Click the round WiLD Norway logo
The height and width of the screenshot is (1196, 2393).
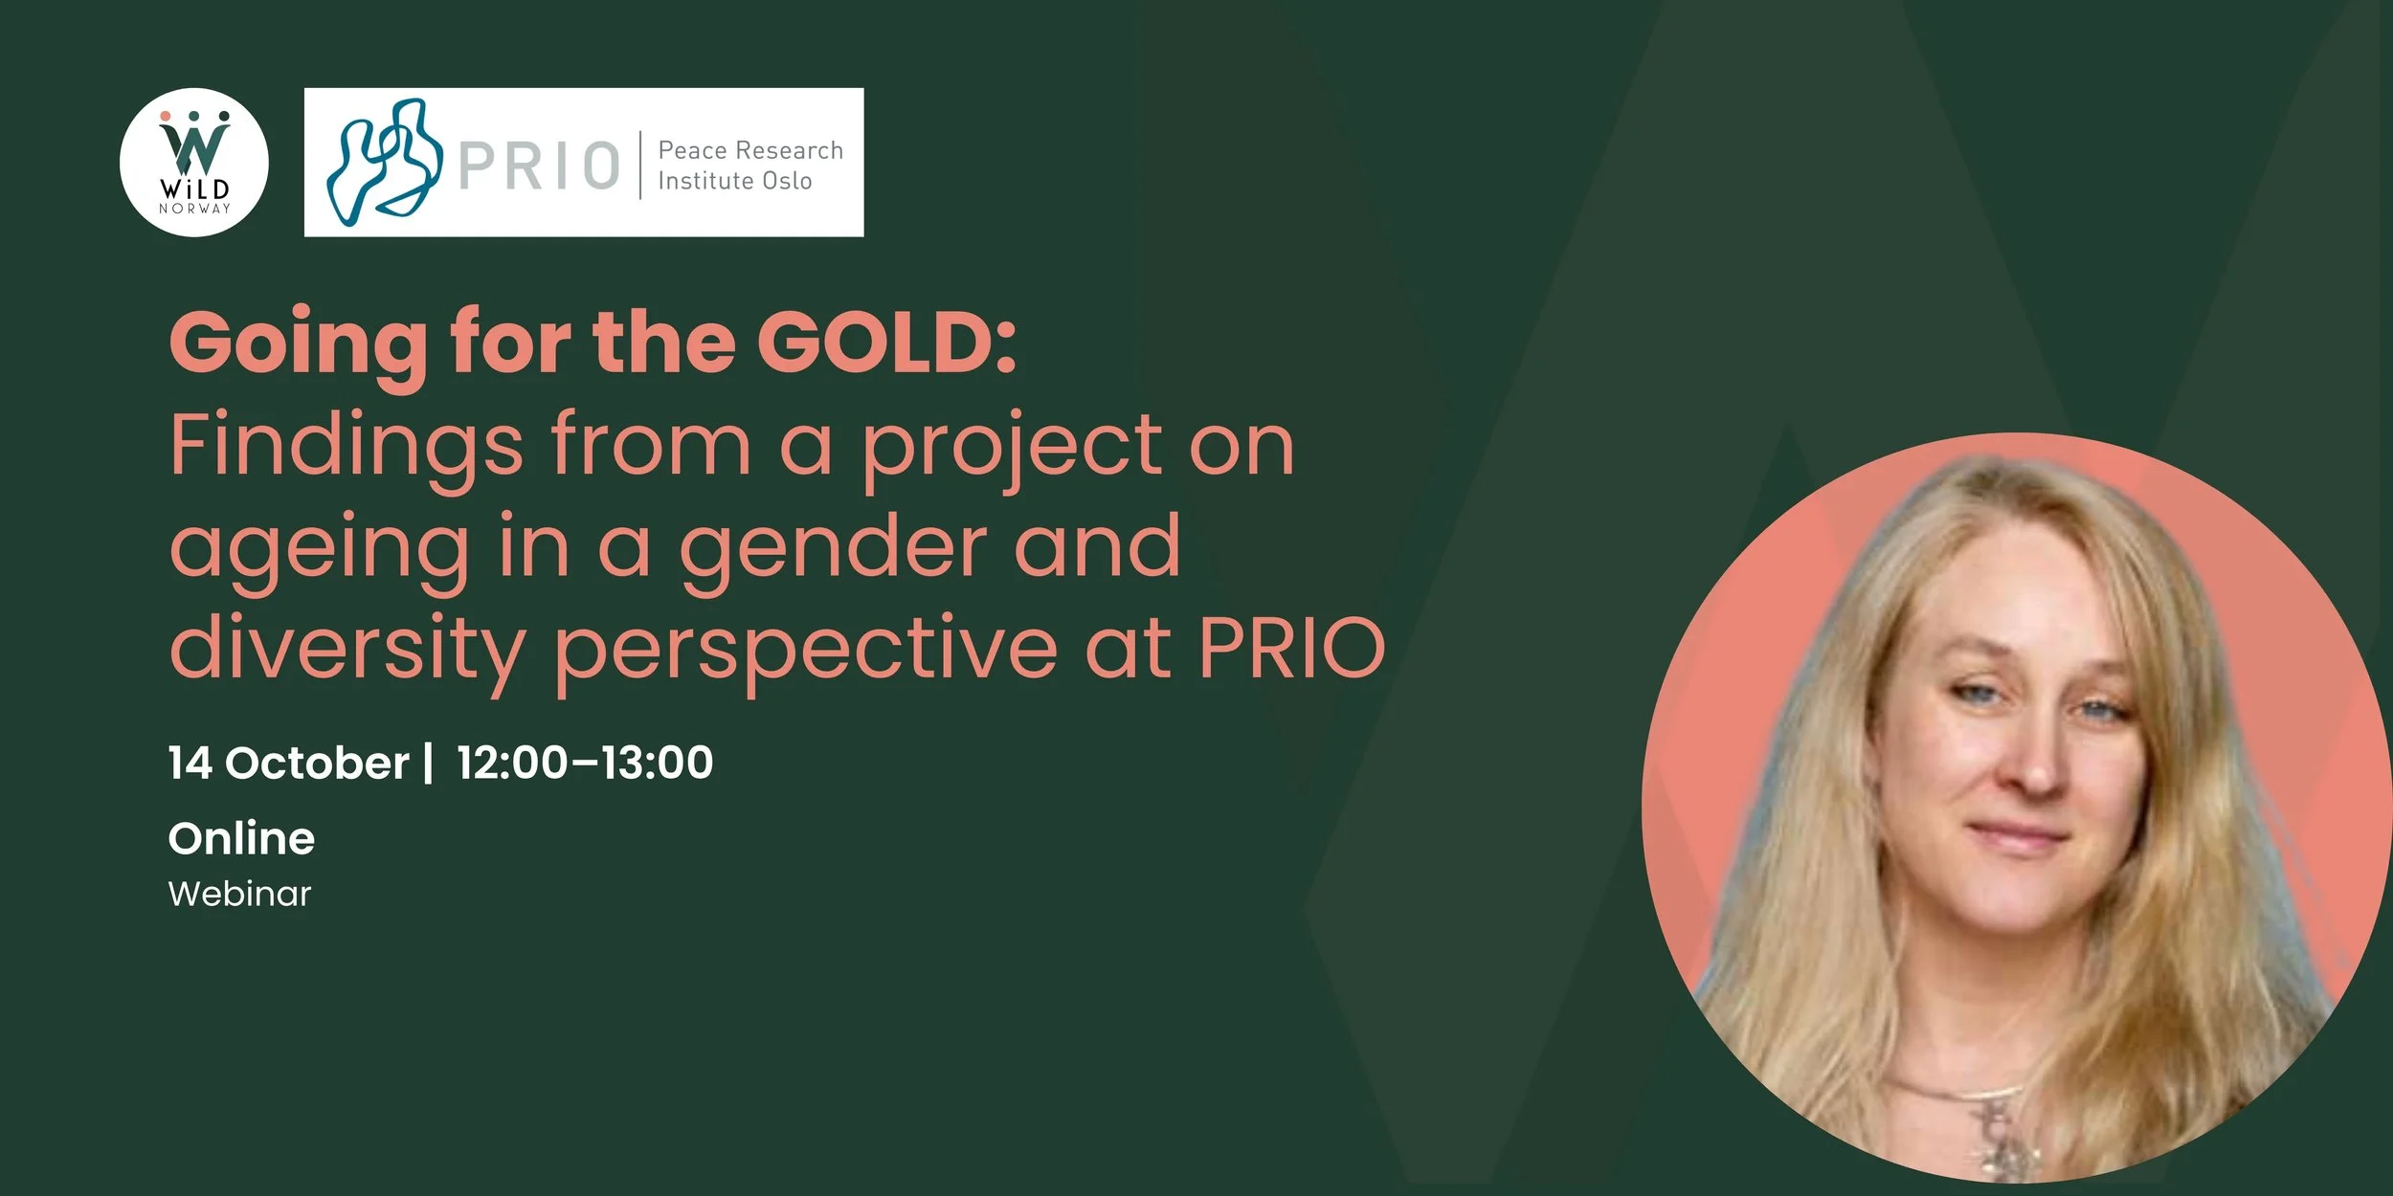tap(194, 163)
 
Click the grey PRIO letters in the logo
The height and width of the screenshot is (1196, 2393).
tap(540, 166)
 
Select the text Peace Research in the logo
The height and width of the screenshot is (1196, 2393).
tap(750, 150)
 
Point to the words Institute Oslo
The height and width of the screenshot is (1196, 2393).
tap(735, 181)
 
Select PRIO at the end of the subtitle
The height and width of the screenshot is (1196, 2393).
tap(1292, 648)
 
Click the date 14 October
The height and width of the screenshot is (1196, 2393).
tap(288, 763)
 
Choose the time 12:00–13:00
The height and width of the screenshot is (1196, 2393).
tap(585, 763)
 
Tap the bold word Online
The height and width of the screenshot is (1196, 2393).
tap(241, 839)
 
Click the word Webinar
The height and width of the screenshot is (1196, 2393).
tap(239, 894)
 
